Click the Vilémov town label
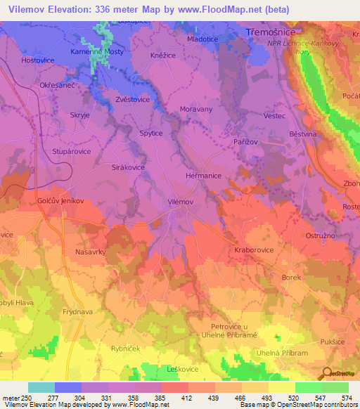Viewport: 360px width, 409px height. coord(181,202)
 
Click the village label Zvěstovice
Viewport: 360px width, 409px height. coord(131,100)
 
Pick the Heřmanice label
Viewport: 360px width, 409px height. coord(204,176)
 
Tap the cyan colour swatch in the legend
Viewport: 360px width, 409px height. coord(41,387)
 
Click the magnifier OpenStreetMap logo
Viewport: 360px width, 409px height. coord(325,375)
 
